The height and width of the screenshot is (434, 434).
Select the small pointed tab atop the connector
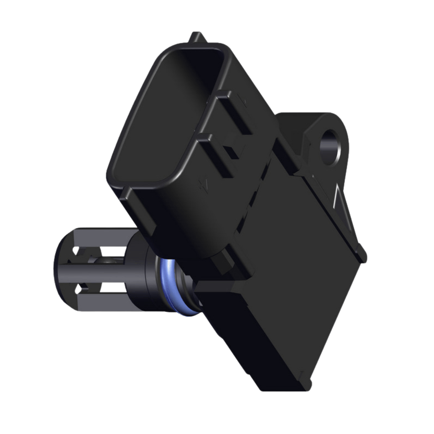[197, 38]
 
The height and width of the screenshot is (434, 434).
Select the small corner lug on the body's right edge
[361, 252]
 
